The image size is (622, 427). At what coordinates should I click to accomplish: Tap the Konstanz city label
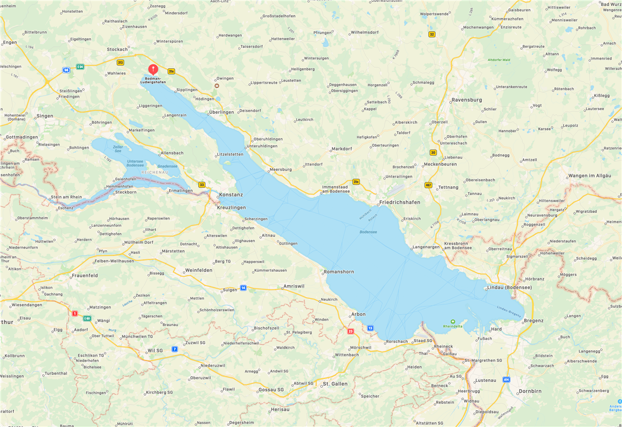pyautogui.click(x=231, y=195)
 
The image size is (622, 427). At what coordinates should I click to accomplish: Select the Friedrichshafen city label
pyautogui.click(x=399, y=202)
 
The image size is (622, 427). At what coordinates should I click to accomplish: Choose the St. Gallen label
pyautogui.click(x=335, y=384)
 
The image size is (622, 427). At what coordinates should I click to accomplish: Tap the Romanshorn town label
pyautogui.click(x=338, y=272)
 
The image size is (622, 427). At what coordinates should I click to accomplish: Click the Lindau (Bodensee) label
pyautogui.click(x=509, y=287)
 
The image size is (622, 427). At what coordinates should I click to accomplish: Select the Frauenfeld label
pyautogui.click(x=85, y=275)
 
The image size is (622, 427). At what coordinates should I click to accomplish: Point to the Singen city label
pyautogui.click(x=45, y=116)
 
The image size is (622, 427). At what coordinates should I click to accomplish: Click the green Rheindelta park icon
pyautogui.click(x=452, y=321)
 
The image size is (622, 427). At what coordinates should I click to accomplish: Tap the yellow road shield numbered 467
pyautogui.click(x=428, y=185)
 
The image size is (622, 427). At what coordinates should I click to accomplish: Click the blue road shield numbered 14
pyautogui.click(x=243, y=287)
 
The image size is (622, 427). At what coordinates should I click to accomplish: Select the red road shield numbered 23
pyautogui.click(x=351, y=331)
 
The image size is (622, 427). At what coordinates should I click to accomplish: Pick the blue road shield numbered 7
pyautogui.click(x=175, y=349)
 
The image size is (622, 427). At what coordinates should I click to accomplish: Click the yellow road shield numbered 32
pyautogui.click(x=432, y=34)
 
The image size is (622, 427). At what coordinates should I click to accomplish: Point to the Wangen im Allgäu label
pyautogui.click(x=589, y=176)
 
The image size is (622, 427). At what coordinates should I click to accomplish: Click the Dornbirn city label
pyautogui.click(x=530, y=391)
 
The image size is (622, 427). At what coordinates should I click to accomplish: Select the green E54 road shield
pyautogui.click(x=80, y=67)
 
